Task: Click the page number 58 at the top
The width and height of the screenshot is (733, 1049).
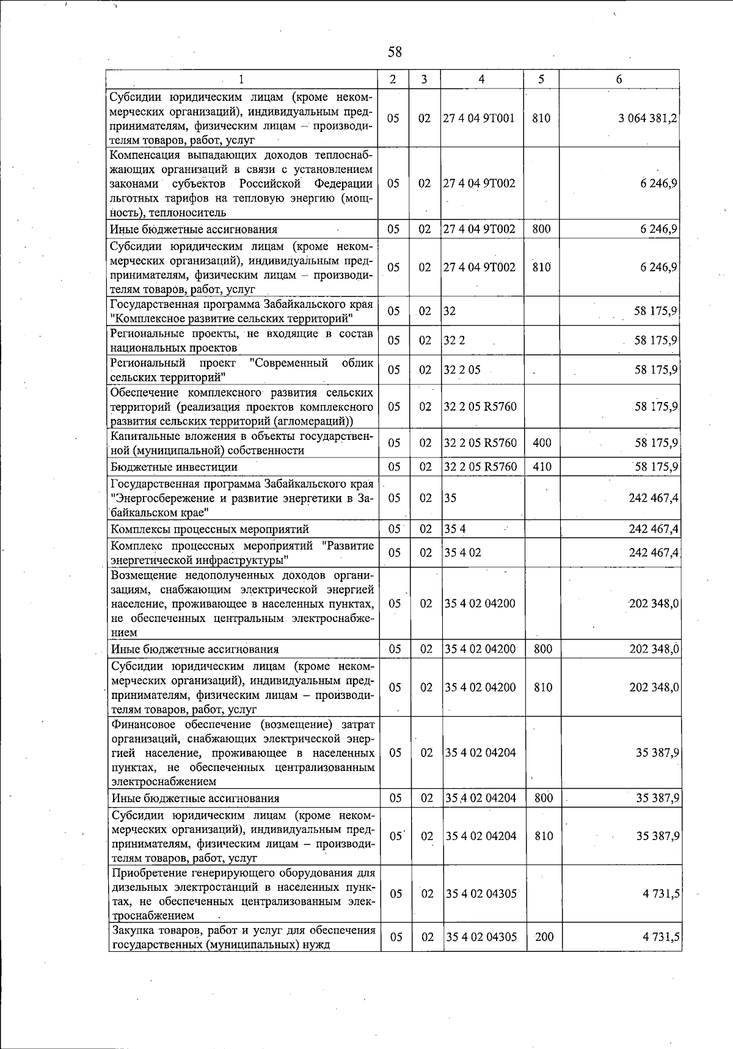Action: tap(395, 52)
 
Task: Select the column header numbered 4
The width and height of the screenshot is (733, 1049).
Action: tap(482, 79)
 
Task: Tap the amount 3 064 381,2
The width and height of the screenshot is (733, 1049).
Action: tap(647, 119)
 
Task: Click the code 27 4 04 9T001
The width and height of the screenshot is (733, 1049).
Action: tap(480, 119)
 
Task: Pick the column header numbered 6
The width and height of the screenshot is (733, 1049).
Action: tap(619, 79)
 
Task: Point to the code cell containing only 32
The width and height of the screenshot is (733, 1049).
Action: tap(450, 311)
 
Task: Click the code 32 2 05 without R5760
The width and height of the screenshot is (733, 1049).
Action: tap(462, 370)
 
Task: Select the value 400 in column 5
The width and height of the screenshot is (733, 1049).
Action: tap(542, 443)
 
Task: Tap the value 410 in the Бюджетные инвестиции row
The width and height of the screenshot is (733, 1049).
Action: tap(542, 467)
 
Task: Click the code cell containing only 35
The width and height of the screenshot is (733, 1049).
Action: tap(451, 498)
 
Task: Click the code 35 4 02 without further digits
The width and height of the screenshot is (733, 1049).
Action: tap(463, 552)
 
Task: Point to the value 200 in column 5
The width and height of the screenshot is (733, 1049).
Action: tap(544, 937)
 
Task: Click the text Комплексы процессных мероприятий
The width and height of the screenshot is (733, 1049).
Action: tap(210, 528)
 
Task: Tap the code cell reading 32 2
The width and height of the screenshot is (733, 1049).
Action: tap(454, 340)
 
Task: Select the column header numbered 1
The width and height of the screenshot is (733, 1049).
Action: tap(241, 79)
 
